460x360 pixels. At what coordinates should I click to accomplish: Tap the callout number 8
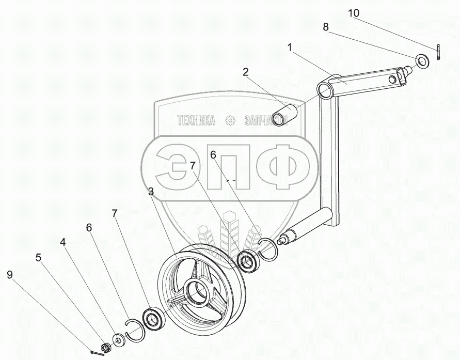pos(326,27)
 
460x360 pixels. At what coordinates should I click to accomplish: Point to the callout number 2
pos(246,72)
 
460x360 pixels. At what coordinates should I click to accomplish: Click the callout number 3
pos(150,192)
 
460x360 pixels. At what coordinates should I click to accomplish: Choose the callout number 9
pos(10,275)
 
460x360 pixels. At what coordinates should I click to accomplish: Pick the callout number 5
pos(39,257)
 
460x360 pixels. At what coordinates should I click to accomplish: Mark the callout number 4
pos(63,242)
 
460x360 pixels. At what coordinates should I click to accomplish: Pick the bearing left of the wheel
pos(153,318)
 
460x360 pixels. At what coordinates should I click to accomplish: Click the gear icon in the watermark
pos(230,120)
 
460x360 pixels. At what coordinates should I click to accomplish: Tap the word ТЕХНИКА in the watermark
pos(196,121)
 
